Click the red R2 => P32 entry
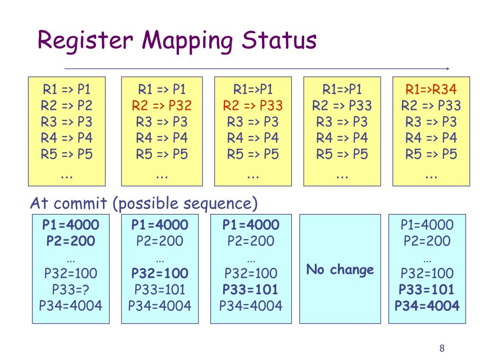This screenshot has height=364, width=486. [x=162, y=105]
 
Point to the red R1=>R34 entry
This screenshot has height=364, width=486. [x=431, y=89]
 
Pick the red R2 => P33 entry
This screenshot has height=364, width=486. [x=253, y=105]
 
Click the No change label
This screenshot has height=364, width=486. [x=340, y=270]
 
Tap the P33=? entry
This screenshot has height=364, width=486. [x=71, y=289]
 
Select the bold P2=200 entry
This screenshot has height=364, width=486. [x=71, y=241]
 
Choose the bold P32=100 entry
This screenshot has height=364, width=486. [x=160, y=273]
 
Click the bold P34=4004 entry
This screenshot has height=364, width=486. [x=427, y=305]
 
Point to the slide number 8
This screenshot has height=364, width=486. [x=442, y=349]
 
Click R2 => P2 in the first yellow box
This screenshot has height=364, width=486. [x=66, y=105]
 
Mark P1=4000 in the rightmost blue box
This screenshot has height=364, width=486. [x=427, y=225]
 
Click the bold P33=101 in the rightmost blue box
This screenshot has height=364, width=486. [x=427, y=289]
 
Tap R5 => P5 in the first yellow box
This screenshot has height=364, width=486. [x=66, y=154]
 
